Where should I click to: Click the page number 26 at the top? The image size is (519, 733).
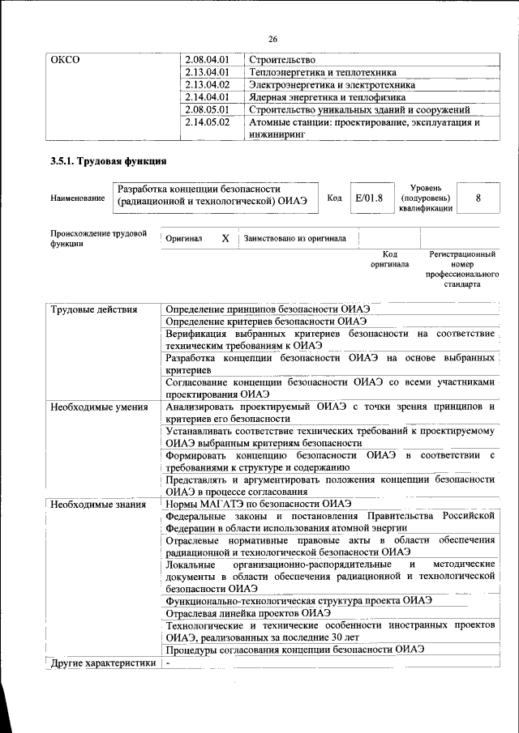272,39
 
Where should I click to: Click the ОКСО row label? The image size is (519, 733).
65,60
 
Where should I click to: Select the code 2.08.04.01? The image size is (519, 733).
208,60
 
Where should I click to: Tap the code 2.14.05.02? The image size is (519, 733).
208,123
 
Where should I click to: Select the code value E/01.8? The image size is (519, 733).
368,198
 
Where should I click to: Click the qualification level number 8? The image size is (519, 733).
478,198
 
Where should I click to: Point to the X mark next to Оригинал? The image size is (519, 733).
225,239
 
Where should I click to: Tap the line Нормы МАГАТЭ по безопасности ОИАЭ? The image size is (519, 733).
258,504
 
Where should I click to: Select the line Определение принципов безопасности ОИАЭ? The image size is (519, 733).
268,310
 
